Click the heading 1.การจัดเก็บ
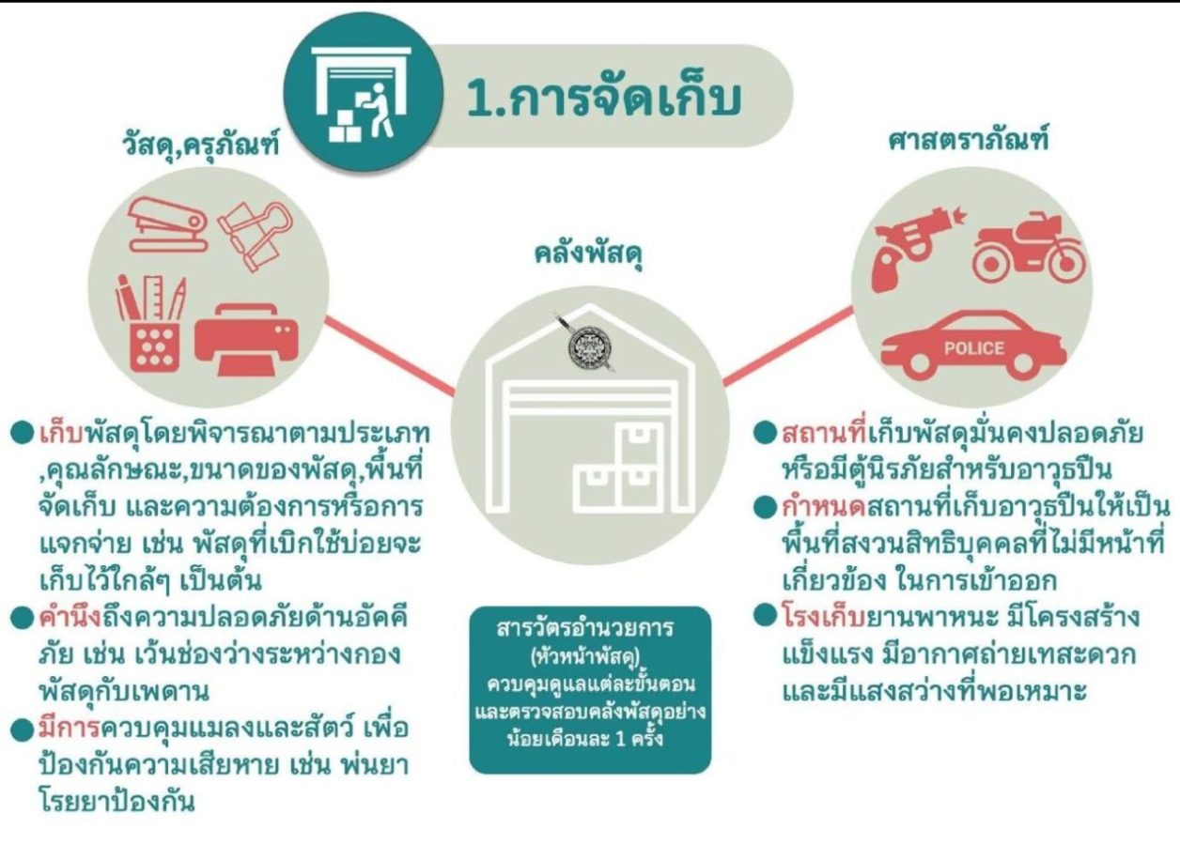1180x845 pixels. [604, 98]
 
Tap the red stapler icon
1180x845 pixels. [168, 224]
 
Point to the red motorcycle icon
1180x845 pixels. [1028, 248]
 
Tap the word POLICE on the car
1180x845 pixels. [974, 348]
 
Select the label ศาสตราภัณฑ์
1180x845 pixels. [968, 140]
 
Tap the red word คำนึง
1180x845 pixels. [70, 617]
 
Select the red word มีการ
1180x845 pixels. [70, 729]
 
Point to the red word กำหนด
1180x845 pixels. [825, 506]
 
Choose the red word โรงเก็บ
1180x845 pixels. [825, 617]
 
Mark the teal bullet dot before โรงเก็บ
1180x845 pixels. [766, 615]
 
